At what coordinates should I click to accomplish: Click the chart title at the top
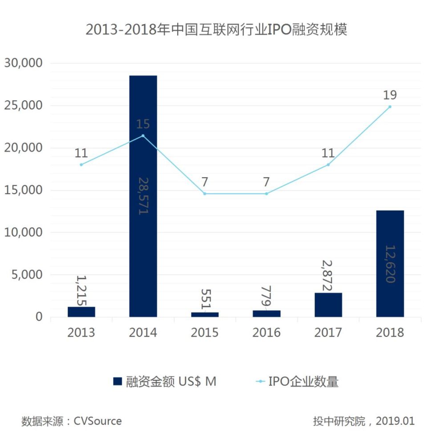[216, 30]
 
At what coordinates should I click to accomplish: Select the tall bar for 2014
[143, 196]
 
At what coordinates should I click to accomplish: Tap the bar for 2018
[390, 263]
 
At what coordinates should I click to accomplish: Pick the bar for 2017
[328, 305]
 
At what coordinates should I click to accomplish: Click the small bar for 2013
[81, 311]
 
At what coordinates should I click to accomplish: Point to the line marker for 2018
[390, 107]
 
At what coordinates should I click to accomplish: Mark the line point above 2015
[205, 194]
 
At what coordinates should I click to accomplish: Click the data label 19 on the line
[390, 95]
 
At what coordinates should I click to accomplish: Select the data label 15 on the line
[143, 124]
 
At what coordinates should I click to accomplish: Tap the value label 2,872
[328, 277]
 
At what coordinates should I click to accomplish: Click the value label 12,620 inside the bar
[390, 264]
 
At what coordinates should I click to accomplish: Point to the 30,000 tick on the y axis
[23, 63]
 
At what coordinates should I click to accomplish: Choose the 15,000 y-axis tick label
[23, 190]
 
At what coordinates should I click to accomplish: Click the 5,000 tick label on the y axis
[26, 275]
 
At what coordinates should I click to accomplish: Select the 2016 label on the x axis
[267, 333]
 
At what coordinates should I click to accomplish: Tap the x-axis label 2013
[81, 333]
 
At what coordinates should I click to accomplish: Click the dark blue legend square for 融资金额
[117, 381]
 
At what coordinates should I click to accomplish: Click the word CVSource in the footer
[97, 421]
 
